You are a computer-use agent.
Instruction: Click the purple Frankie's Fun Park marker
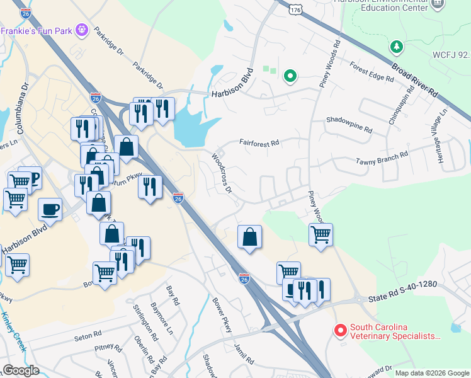(x=81, y=30)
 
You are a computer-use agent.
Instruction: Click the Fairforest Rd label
(x=259, y=143)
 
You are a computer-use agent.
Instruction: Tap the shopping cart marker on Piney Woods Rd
(x=321, y=235)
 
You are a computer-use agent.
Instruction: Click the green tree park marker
(x=397, y=47)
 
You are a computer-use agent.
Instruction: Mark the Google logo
(x=21, y=370)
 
